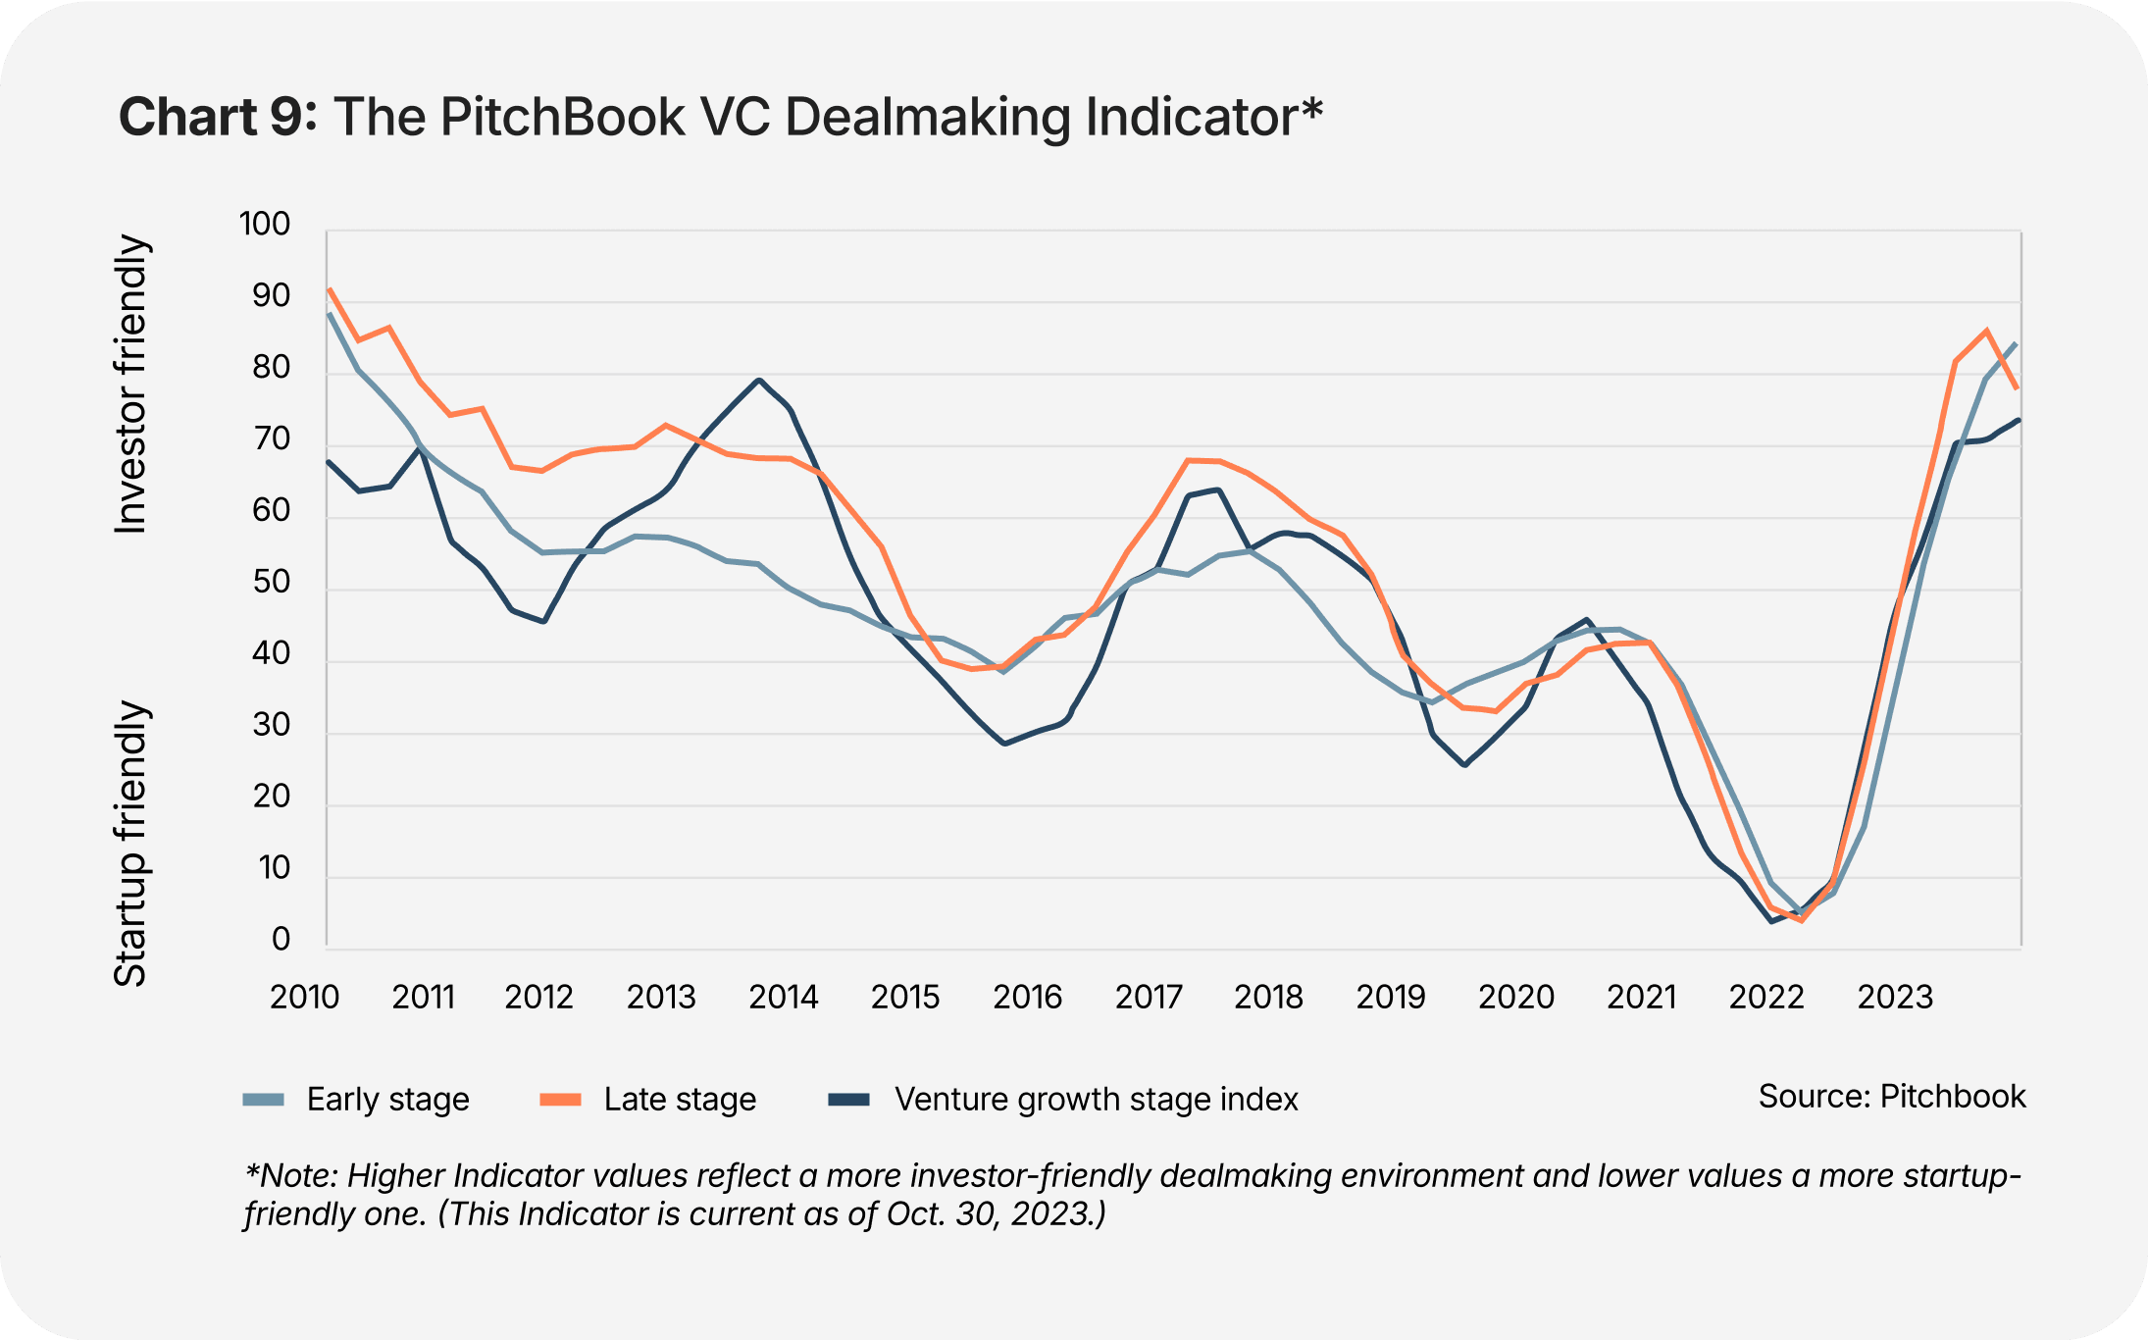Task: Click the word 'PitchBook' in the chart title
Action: (x=562, y=117)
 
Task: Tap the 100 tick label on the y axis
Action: (x=265, y=225)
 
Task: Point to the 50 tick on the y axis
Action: (x=271, y=583)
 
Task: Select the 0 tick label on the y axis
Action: (x=281, y=940)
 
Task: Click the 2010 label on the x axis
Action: (x=304, y=998)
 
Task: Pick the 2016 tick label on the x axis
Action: (x=1027, y=998)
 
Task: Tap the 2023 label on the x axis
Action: (x=1894, y=998)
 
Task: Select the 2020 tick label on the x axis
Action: (x=1515, y=998)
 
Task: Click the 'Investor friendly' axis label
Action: (x=130, y=385)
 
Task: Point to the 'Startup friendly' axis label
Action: (x=130, y=844)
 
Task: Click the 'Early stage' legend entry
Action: (x=387, y=1100)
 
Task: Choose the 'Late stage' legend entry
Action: (x=680, y=1100)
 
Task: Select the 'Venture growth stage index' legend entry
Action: (x=1096, y=1100)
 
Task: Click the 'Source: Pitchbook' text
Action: (x=1891, y=1097)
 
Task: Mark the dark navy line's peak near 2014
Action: (x=758, y=380)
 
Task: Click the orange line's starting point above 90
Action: (x=330, y=289)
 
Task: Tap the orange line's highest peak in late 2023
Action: (x=1986, y=331)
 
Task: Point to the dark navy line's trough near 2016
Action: (x=1004, y=744)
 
